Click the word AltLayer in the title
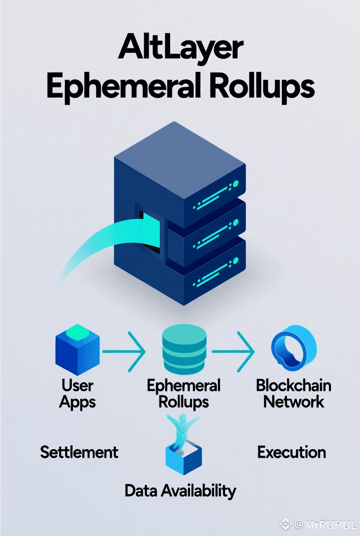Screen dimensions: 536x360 [x=180, y=49]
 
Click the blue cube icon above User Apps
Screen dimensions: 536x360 [x=77, y=350]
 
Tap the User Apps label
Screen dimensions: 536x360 [x=78, y=393]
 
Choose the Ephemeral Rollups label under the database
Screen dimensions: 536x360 [x=184, y=393]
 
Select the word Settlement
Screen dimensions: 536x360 [x=79, y=452]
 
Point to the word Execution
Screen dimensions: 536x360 [x=292, y=452]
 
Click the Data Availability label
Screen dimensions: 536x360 [x=180, y=491]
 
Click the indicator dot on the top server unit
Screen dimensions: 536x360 [x=236, y=184]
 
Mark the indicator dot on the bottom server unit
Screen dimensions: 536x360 [x=236, y=261]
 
